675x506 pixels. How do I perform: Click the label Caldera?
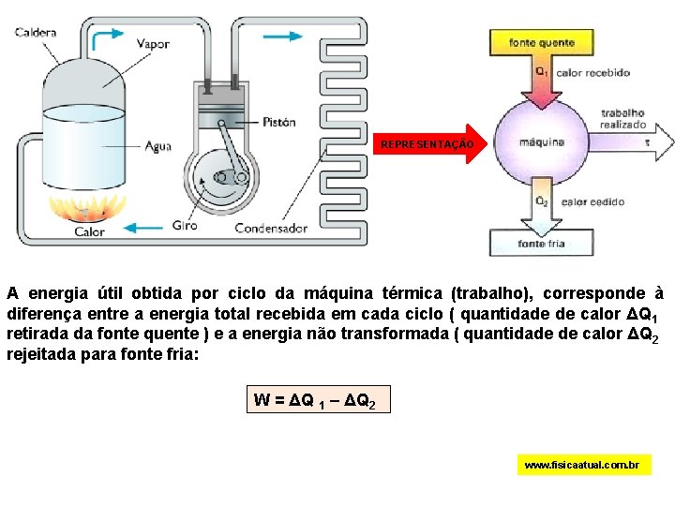(x=36, y=32)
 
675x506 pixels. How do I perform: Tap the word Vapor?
(x=153, y=43)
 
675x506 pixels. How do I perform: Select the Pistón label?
(x=279, y=122)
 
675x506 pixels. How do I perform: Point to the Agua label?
(x=157, y=145)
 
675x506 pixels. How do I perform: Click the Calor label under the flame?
(x=90, y=231)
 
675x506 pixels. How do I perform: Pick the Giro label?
(x=185, y=225)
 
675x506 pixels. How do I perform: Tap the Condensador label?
(x=271, y=228)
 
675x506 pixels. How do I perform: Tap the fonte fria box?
(x=542, y=245)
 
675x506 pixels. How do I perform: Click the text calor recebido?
(x=592, y=72)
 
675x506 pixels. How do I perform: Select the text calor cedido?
(x=592, y=201)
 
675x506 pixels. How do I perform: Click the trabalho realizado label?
(x=623, y=118)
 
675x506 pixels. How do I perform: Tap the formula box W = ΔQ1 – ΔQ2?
(x=315, y=401)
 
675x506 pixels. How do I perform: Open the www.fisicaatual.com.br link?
(x=583, y=465)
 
